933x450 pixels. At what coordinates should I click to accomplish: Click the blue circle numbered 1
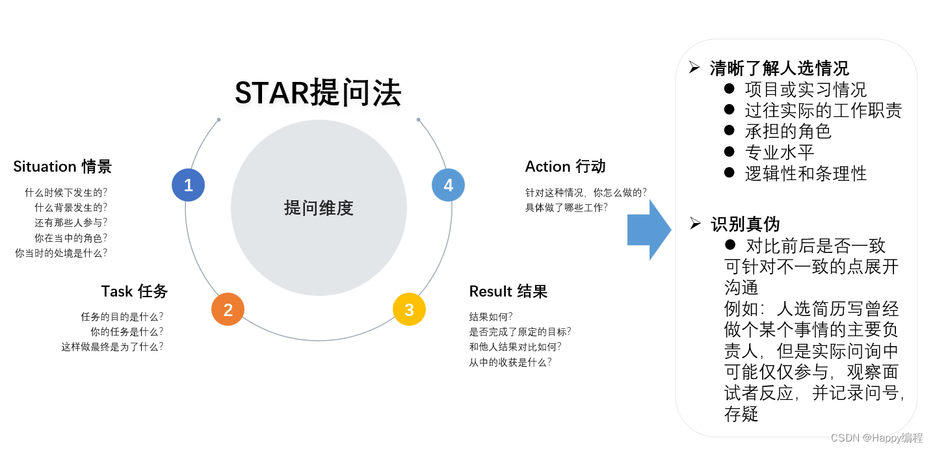pos(189,185)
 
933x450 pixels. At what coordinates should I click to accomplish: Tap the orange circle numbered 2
pos(228,310)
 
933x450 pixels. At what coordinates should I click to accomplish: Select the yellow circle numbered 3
pos(409,310)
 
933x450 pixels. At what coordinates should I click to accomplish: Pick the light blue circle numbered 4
pos(448,185)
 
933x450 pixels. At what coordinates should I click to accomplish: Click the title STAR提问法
pos(318,93)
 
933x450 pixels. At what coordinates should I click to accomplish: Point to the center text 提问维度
pos(319,208)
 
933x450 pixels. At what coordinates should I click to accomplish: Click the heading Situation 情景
pos(62,166)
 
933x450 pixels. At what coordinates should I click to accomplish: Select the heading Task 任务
pos(135,291)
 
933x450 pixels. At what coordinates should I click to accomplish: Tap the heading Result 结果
pos(508,291)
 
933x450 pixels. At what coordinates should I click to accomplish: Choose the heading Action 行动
pos(565,166)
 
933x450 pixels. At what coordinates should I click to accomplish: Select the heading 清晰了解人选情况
pos(779,68)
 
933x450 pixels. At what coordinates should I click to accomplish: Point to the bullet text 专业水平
pos(780,152)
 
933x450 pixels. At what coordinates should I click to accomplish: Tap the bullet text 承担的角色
pos(788,131)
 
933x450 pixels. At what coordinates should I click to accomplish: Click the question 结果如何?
pos(491,317)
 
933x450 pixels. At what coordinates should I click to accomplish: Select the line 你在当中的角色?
pos(71,238)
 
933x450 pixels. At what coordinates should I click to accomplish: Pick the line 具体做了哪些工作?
pos(566,207)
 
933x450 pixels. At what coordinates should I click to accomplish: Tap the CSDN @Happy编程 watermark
pos(877,438)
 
